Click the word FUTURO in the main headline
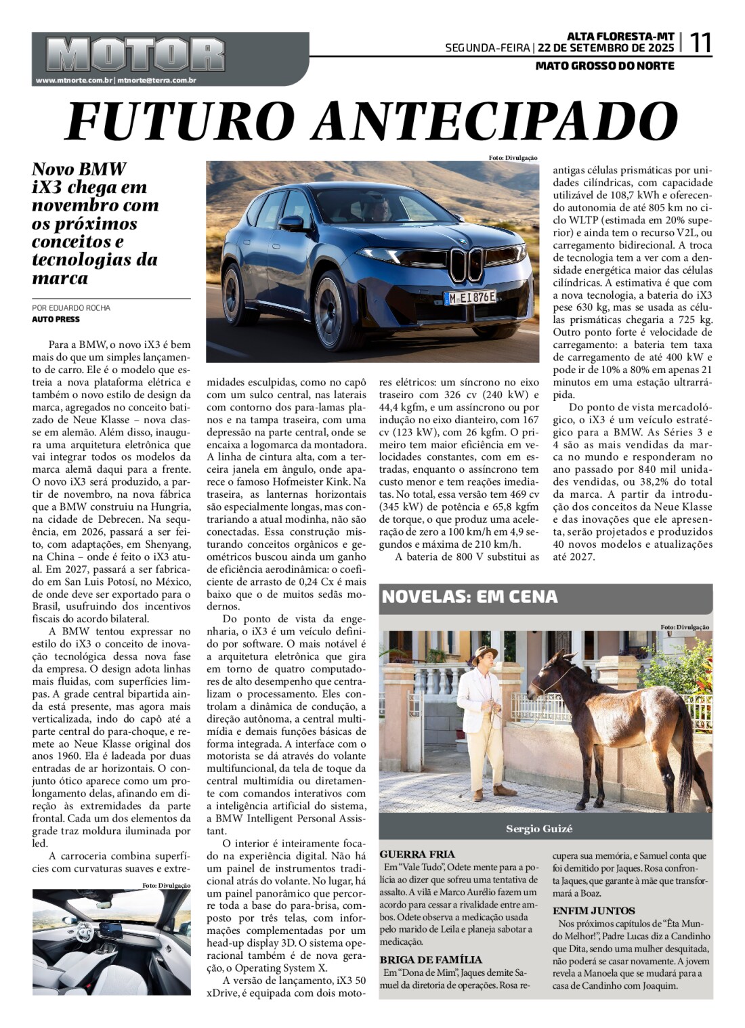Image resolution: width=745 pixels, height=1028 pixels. (183, 122)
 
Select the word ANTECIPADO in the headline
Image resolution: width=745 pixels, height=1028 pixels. (497, 122)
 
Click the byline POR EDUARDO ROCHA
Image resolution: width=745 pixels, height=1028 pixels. (71, 308)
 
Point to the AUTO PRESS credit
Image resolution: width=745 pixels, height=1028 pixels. (56, 319)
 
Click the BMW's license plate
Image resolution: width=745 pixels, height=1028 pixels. (470, 297)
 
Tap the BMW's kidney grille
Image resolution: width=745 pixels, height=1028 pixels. (465, 264)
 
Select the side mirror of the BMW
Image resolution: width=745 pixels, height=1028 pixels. (292, 223)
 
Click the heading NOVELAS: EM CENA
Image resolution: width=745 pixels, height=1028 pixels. (470, 597)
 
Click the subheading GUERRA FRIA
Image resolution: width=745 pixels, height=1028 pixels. (417, 855)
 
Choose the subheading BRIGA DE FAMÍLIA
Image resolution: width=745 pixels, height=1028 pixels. (431, 960)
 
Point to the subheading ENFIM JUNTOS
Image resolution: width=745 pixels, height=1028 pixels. (594, 911)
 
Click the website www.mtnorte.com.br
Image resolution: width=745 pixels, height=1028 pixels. (74, 81)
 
